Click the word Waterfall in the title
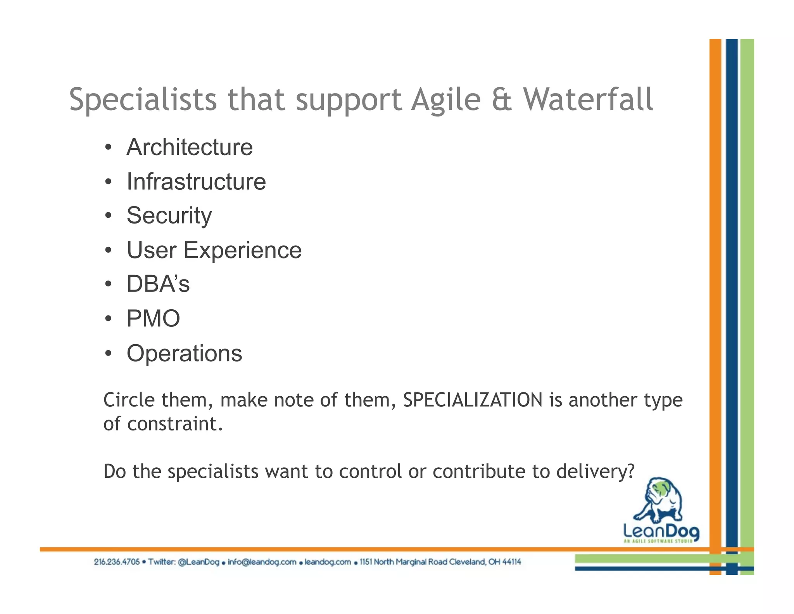[x=588, y=100]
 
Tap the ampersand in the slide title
[x=502, y=100]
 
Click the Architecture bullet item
[x=190, y=147]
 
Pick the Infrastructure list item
[x=196, y=182]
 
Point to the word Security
[x=169, y=216]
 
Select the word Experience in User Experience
[x=242, y=250]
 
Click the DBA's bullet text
[x=158, y=284]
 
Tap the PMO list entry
[x=153, y=319]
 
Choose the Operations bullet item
[x=184, y=353]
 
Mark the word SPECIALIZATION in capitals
[x=473, y=400]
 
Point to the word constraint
[x=174, y=424]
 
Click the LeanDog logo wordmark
[x=661, y=531]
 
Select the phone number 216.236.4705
[x=117, y=562]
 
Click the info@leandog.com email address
[x=262, y=562]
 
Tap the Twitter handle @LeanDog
[x=198, y=562]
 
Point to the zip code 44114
[x=511, y=562]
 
